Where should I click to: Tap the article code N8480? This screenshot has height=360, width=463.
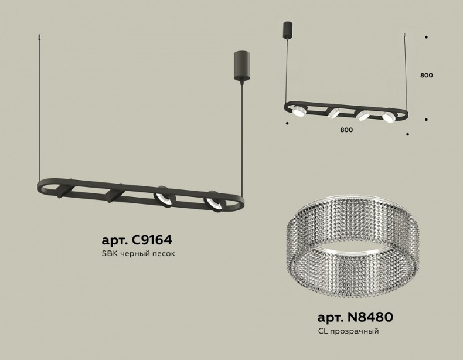(355, 317)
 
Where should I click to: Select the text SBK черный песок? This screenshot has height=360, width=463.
(138, 254)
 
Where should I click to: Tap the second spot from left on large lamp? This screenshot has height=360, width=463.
(114, 194)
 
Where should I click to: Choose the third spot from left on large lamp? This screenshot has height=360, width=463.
(162, 197)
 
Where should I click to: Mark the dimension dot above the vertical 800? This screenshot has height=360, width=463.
(426, 38)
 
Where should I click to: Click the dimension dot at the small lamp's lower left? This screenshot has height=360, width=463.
(287, 123)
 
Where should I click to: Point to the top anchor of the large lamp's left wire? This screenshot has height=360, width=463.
(40, 37)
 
